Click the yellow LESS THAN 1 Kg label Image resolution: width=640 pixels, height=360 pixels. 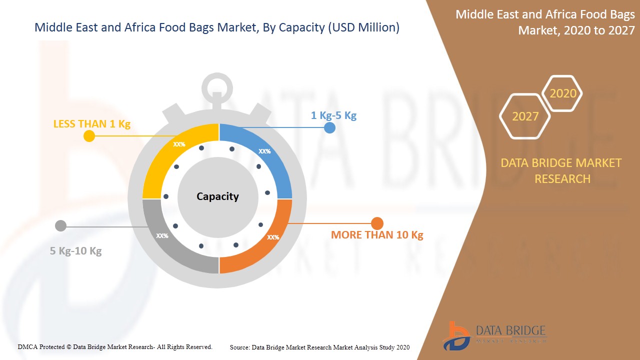[92, 124]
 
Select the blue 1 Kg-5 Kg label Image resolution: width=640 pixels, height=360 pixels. [333, 115]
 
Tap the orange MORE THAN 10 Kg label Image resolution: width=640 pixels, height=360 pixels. [377, 235]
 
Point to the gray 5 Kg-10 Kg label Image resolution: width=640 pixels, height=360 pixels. [75, 251]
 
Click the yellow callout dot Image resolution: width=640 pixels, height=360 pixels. [89, 136]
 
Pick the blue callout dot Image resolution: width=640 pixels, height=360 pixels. [329, 127]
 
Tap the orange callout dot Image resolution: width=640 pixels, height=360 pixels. [377, 223]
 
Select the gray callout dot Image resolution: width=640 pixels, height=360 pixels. [60, 226]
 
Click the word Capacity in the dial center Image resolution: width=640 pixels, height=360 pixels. [217, 196]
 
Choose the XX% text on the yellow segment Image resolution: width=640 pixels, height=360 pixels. [179, 144]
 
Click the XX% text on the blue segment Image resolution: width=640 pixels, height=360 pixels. [264, 151]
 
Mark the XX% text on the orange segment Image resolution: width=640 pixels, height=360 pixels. [273, 237]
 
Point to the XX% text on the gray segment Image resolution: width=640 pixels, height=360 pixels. [162, 235]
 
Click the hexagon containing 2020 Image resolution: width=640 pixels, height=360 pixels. [562, 93]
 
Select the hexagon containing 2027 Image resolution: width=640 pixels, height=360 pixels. [525, 116]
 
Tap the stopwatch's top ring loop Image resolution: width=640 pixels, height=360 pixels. [217, 86]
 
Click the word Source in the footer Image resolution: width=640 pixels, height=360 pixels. [239, 347]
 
